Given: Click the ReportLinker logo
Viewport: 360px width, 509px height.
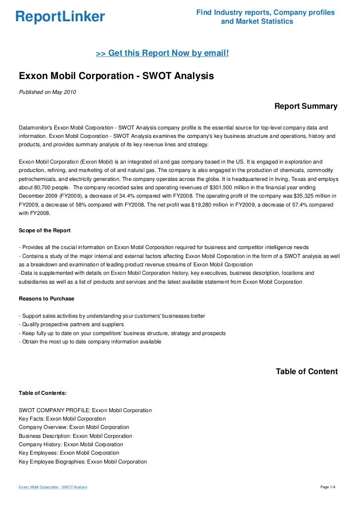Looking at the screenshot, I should [x=60, y=17].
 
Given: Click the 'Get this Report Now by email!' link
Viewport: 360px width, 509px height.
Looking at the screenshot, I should [x=162, y=53].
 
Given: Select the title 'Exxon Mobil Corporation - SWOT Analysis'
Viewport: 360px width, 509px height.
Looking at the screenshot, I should [x=116, y=77].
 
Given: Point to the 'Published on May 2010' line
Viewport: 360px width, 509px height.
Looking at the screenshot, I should [x=47, y=92].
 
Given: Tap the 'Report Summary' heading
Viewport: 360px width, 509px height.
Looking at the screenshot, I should [x=306, y=106].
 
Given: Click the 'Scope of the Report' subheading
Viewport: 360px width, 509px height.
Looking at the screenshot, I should [x=45, y=230].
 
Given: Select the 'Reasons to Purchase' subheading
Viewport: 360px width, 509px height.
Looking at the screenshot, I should [x=46, y=298].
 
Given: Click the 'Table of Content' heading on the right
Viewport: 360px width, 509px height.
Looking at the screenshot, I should [x=307, y=372].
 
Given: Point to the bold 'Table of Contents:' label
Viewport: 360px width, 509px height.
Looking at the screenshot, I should [x=43, y=393].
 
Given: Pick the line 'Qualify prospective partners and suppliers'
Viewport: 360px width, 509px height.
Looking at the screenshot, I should [x=71, y=325].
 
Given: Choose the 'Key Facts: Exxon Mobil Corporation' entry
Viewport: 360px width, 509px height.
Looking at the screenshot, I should [x=62, y=419].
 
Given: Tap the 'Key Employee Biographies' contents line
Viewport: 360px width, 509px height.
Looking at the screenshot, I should [x=83, y=462].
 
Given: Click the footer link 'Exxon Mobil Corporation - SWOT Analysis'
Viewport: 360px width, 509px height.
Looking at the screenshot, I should [x=53, y=487].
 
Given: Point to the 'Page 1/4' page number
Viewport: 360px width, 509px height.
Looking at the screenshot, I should [x=328, y=487].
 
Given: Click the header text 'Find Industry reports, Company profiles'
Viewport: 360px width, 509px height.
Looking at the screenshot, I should [x=265, y=12].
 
